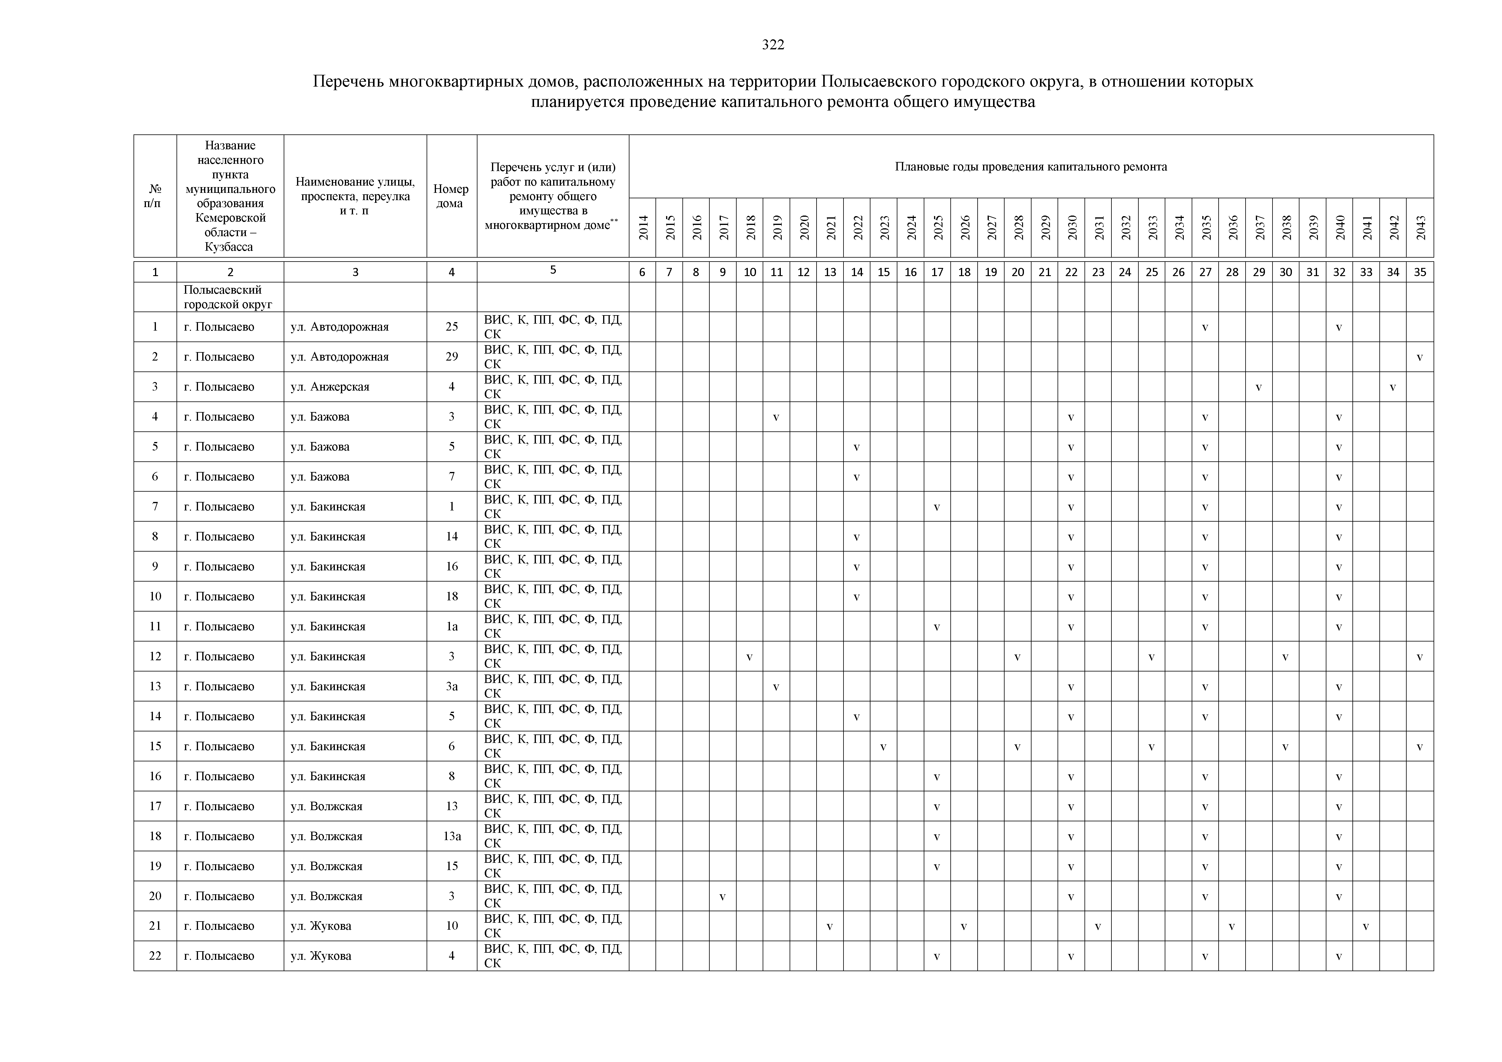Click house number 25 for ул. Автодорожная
[451, 326]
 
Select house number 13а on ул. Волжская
[451, 836]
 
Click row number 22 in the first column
[155, 955]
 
